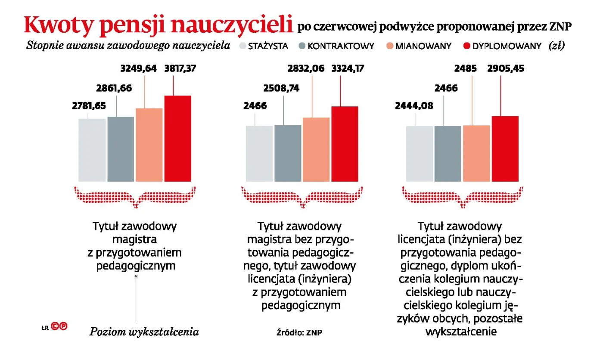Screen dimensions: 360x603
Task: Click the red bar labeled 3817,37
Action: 177,138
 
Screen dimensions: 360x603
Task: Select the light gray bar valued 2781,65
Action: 92,150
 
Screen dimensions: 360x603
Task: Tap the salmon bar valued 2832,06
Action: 316,149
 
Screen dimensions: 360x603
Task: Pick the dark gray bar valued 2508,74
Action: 288,153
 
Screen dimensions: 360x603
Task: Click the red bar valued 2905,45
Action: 505,149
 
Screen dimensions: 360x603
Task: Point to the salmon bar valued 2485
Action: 476,153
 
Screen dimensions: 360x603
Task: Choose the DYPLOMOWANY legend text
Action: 507,46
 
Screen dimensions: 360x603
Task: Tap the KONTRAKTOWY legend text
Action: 341,46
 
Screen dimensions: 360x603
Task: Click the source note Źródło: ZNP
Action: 300,332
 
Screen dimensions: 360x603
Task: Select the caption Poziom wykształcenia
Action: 144,332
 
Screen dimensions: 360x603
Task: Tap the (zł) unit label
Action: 556,46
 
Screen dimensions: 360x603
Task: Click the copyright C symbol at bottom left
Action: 55,326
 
